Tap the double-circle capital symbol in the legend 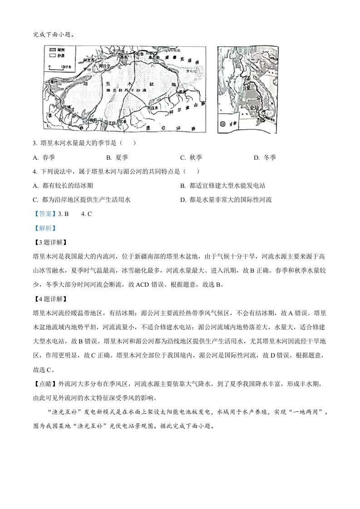pos(223,123)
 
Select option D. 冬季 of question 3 pos(265,157)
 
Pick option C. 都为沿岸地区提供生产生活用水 pos(82,200)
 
